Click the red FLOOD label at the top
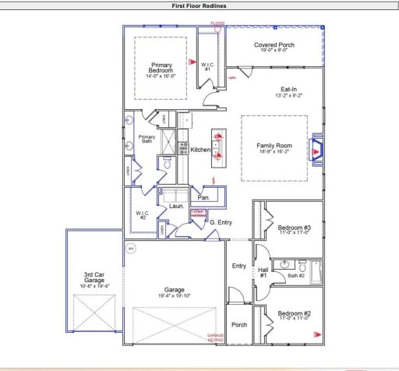tap(217, 24)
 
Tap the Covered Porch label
tap(274, 45)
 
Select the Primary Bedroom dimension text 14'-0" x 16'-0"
tap(162, 76)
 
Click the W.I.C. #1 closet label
tap(207, 67)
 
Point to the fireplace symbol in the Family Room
tap(317, 149)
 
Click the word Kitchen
tap(201, 149)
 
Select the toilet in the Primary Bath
tap(165, 164)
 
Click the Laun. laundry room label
tap(177, 207)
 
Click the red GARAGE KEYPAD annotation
tap(215, 338)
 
